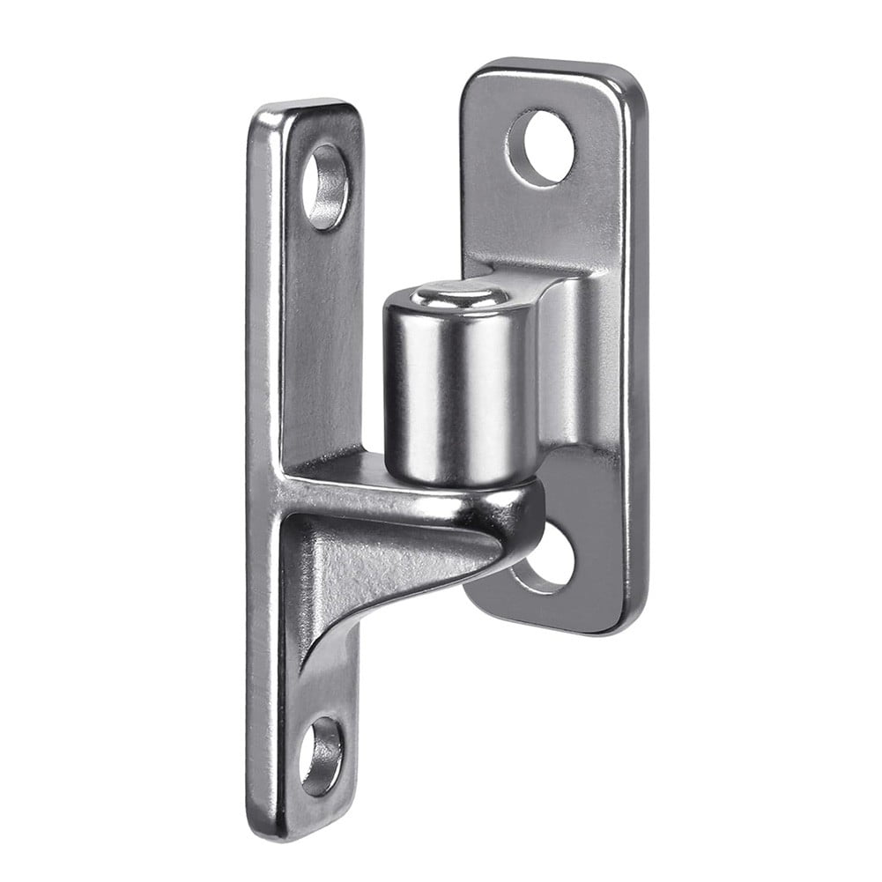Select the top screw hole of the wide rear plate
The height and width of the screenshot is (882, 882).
tap(541, 147)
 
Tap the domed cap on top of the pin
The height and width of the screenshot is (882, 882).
tap(461, 297)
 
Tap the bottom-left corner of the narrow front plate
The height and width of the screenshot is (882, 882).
tap(256, 824)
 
